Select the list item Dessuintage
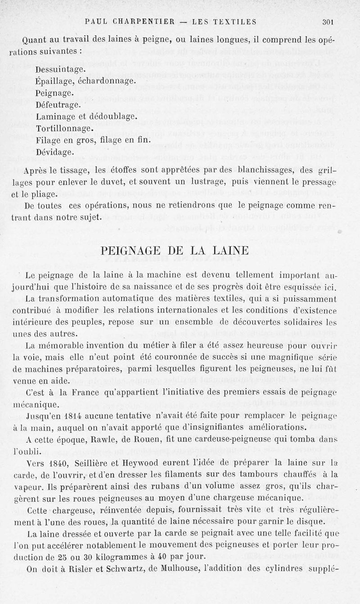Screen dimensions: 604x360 [61, 70]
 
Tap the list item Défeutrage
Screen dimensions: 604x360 [58, 105]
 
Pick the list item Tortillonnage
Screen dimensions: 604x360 [65, 128]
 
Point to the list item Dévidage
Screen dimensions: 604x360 [55, 152]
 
